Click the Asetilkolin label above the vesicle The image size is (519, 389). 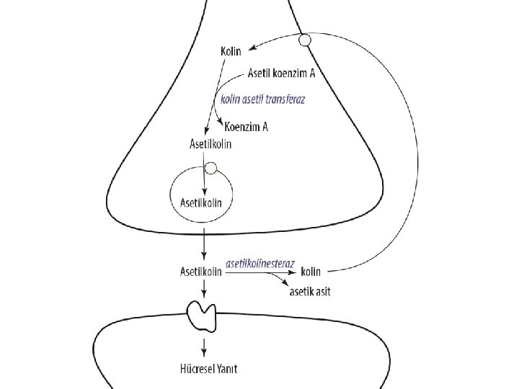pyautogui.click(x=210, y=144)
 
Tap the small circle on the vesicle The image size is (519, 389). pyautogui.click(x=211, y=169)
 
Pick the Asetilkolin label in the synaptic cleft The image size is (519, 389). pyautogui.click(x=200, y=272)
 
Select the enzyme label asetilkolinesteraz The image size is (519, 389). pyautogui.click(x=260, y=264)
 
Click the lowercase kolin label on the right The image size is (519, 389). pyautogui.click(x=310, y=272)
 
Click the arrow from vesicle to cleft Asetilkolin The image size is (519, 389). pyautogui.click(x=205, y=245)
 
